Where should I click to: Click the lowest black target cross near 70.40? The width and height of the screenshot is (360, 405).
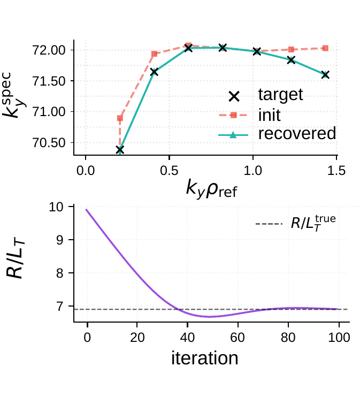120,150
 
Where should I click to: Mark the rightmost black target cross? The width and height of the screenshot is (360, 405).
325,75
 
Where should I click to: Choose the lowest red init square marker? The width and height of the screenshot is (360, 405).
120,118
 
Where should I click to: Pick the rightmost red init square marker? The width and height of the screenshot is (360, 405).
325,48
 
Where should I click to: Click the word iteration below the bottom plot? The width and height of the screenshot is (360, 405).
205,357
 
